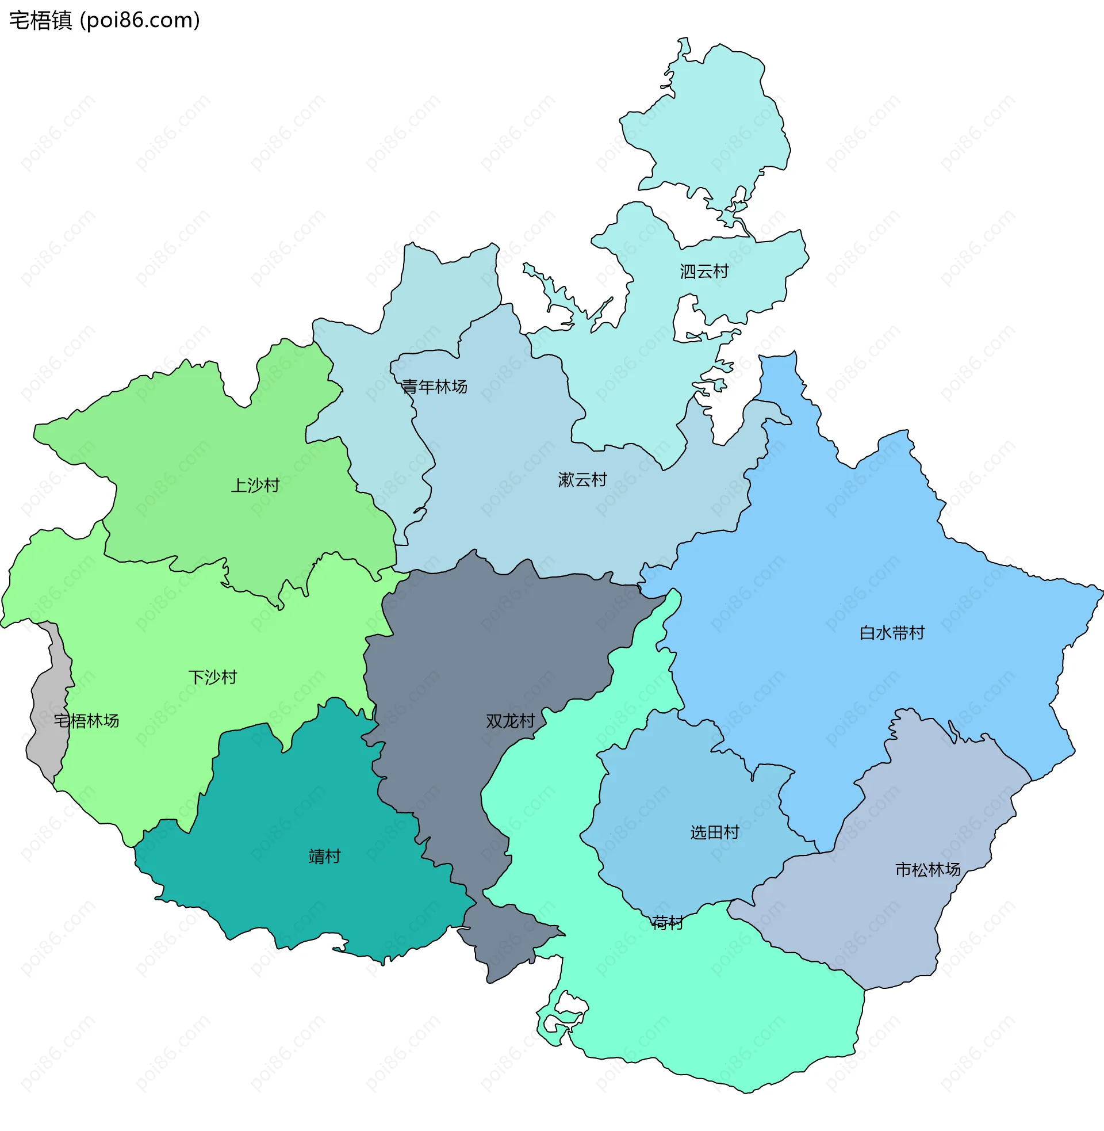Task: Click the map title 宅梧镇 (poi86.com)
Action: click(x=105, y=20)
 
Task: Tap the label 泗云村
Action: click(x=704, y=272)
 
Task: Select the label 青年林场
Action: click(x=434, y=387)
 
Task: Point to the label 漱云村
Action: click(x=582, y=480)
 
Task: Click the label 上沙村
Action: click(x=255, y=485)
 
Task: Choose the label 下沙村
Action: click(x=212, y=677)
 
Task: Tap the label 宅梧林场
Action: click(x=86, y=721)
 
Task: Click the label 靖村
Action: click(x=324, y=857)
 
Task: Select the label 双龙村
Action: click(x=510, y=721)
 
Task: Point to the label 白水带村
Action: click(x=892, y=633)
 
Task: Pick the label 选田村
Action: click(x=714, y=832)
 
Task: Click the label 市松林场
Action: click(x=927, y=869)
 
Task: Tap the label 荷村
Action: click(x=667, y=923)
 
